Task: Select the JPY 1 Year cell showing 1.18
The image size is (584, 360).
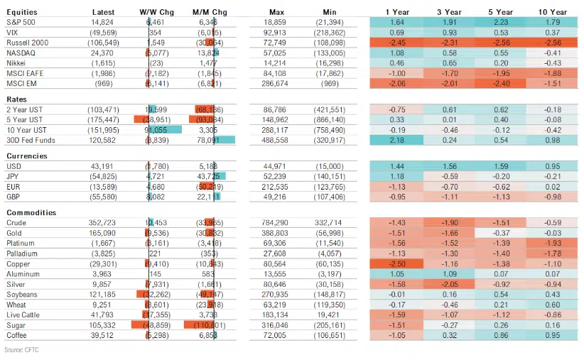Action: tap(396, 175)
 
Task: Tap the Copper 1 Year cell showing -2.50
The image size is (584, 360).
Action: tap(396, 263)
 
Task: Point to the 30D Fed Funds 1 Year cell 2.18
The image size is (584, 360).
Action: tap(396, 141)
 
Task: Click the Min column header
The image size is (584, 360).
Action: tap(330, 12)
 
